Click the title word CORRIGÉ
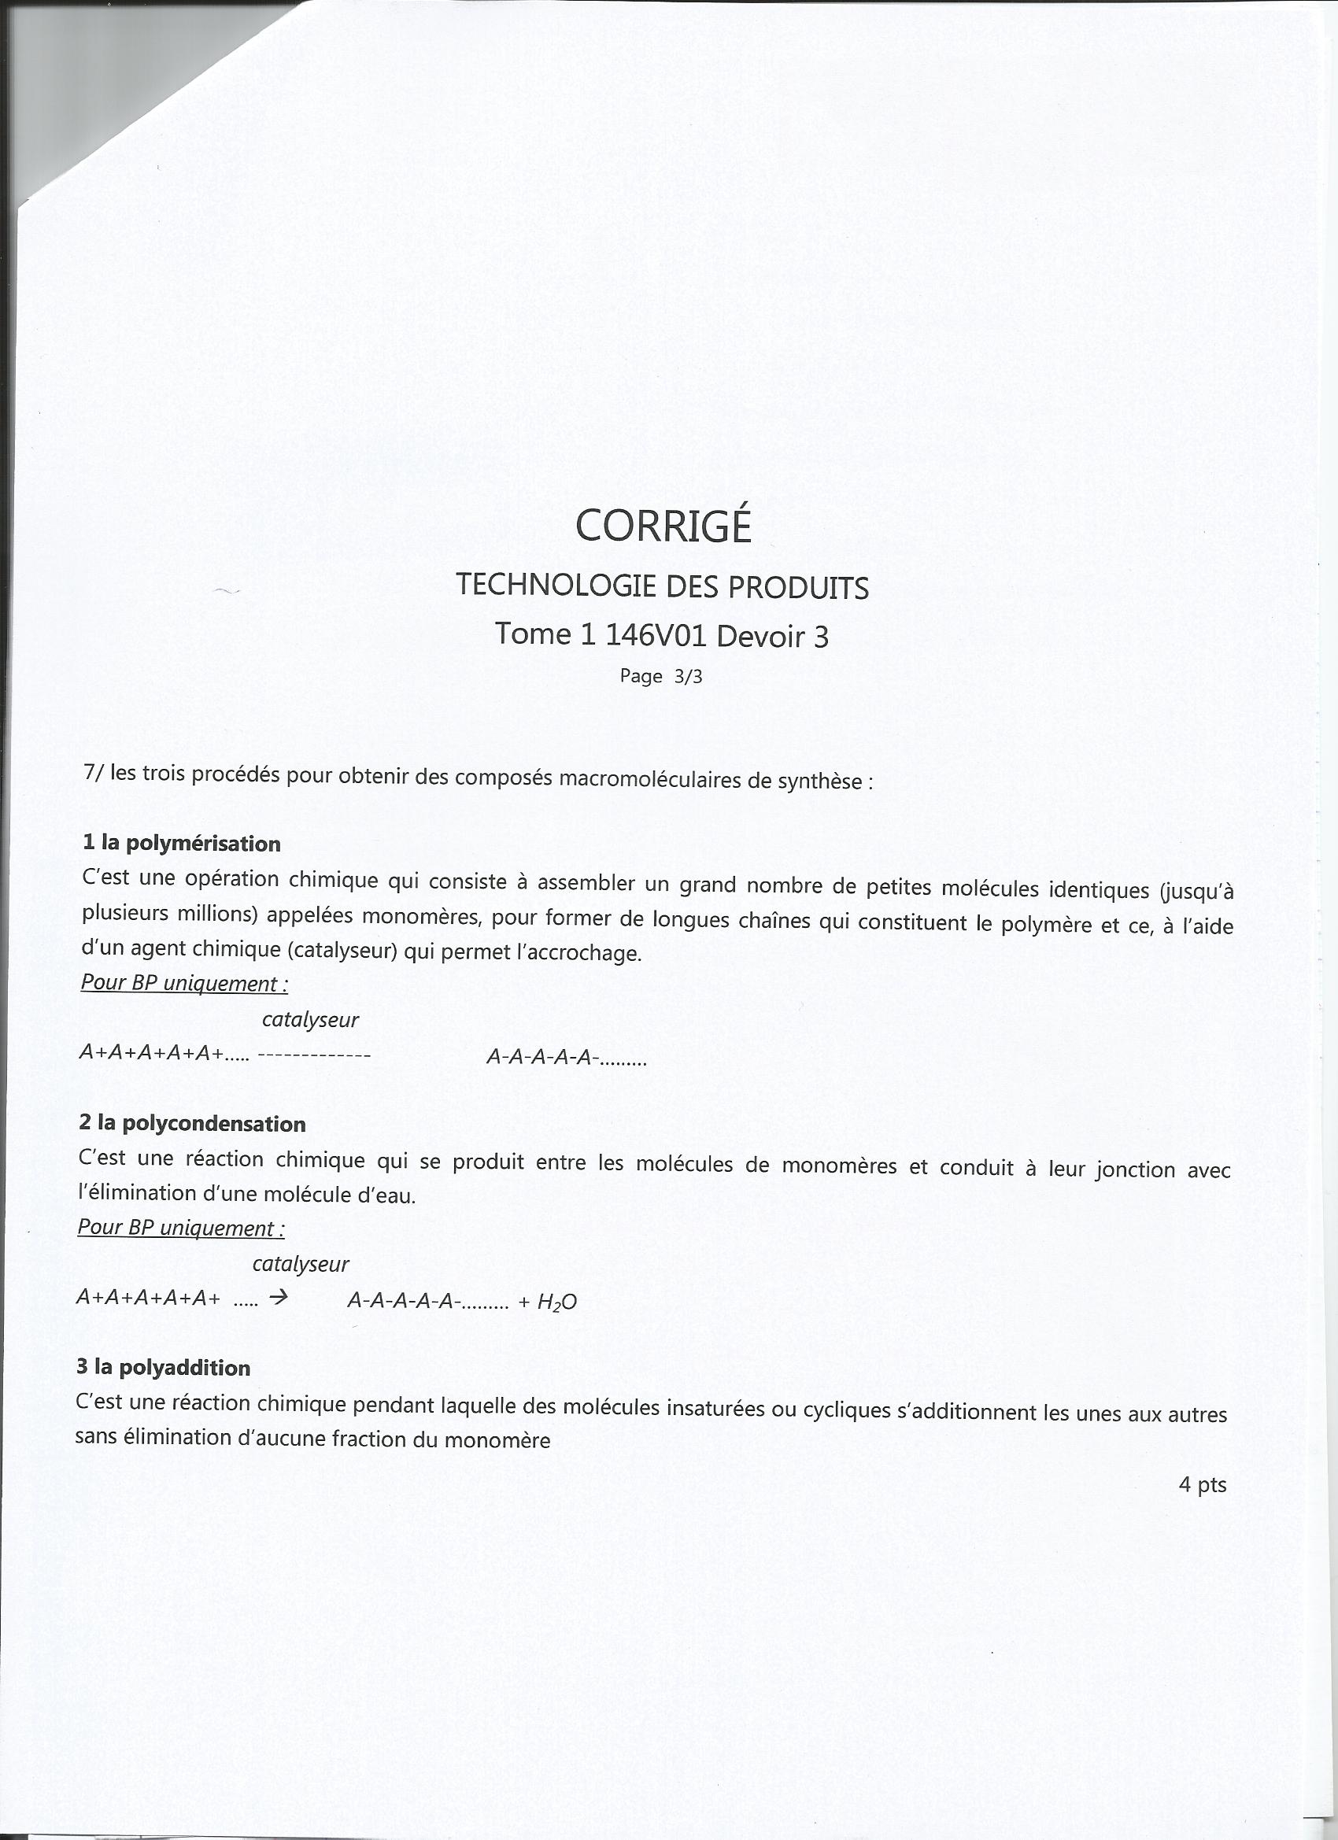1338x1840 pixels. pos(663,526)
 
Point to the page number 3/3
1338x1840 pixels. pos(688,677)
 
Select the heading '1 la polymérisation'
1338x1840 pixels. pos(182,843)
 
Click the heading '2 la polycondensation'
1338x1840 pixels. pos(192,1124)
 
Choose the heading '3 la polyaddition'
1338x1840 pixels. pos(163,1368)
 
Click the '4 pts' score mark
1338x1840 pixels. pos(1202,1484)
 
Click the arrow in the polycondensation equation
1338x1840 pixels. pos(279,1298)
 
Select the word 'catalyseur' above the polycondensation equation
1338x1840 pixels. pos(300,1264)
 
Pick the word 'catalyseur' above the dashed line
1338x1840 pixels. pos(310,1020)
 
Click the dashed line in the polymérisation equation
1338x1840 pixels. pos(314,1055)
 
